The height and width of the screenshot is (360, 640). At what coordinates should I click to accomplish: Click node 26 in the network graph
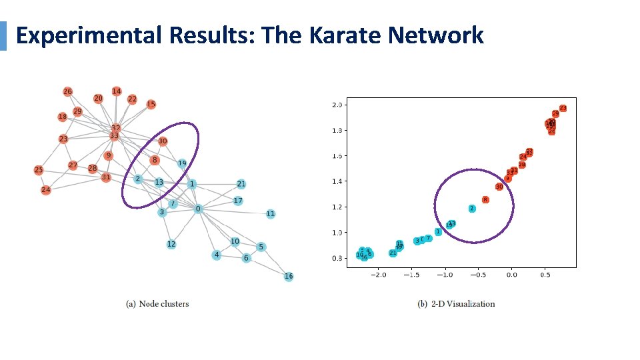pyautogui.click(x=67, y=91)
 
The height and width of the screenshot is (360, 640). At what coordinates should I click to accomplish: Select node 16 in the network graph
pyautogui.click(x=289, y=276)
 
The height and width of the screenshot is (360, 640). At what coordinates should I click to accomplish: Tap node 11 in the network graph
pyautogui.click(x=270, y=214)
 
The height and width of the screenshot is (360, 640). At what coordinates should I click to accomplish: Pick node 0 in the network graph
pyautogui.click(x=198, y=209)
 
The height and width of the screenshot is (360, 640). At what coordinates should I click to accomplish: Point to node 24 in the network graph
pyautogui.click(x=45, y=190)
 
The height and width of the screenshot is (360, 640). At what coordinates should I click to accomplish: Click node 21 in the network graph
pyautogui.click(x=241, y=184)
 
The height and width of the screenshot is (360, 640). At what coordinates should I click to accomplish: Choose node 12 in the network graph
pyautogui.click(x=171, y=244)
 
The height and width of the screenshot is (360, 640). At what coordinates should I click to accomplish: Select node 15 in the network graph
pyautogui.click(x=151, y=104)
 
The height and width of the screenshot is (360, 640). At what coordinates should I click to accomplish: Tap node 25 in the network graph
pyautogui.click(x=39, y=170)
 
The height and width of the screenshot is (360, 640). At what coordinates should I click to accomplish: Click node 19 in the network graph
pyautogui.click(x=182, y=163)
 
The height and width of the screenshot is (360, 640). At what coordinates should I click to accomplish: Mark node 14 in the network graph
pyautogui.click(x=117, y=91)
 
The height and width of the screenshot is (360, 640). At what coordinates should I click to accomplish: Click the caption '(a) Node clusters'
pyautogui.click(x=157, y=304)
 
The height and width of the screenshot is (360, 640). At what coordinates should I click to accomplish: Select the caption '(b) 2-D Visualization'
pyautogui.click(x=456, y=304)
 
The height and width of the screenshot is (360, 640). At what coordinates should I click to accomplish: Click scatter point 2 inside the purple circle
pyautogui.click(x=472, y=209)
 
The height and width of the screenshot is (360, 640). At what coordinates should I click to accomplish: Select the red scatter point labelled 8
pyautogui.click(x=485, y=199)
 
